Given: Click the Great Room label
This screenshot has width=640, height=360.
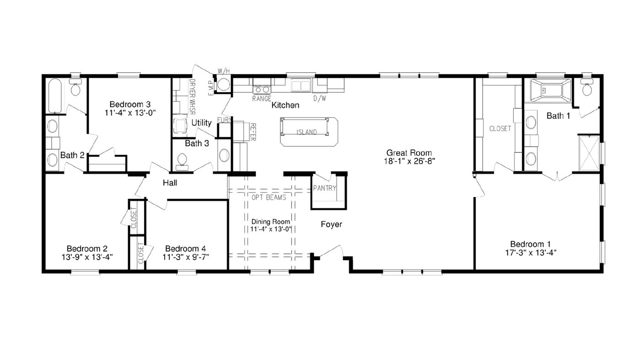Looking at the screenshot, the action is pos(409,153).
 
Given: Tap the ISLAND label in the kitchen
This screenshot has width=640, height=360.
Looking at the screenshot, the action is pos(307,132).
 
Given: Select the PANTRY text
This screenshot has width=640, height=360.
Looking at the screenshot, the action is pos(324,188).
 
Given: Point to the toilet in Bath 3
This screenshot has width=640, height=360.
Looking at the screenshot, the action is pos(182,162).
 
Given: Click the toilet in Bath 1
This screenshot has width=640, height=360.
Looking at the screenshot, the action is pos(587,88).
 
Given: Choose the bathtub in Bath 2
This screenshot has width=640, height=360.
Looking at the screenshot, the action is pos(55,96).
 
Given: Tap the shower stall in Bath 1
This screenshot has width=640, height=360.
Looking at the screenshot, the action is pos(589,153).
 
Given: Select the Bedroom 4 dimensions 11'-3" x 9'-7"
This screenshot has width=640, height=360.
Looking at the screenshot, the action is pos(186,257).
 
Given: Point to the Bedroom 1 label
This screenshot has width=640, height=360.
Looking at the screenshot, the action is pos(530,244).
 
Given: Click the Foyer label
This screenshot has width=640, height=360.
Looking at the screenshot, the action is pos(331,224).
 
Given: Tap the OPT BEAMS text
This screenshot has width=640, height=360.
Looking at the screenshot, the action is pos(269,198).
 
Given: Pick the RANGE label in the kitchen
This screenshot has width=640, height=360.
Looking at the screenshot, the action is pos(262,99).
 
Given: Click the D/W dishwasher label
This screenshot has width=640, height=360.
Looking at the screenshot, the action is pos(320,99).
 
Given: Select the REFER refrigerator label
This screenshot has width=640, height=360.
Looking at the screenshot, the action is pos(253,132).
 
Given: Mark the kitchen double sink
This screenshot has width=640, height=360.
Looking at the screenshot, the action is pos(301,86).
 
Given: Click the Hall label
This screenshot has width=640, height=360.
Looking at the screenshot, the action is pos(170,183).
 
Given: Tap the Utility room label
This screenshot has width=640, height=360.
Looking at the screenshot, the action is pos(201,123).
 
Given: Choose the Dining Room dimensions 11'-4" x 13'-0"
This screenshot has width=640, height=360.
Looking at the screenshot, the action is pos(270,229).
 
